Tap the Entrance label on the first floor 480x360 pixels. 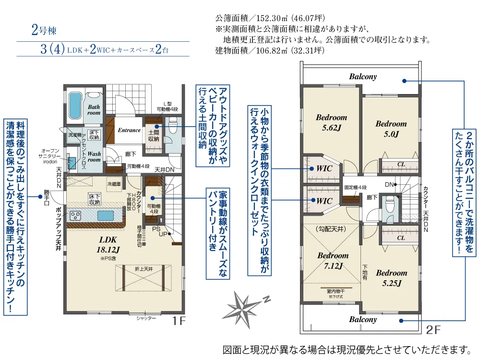pyautogui.click(x=129, y=130)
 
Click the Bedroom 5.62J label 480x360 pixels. pyautogui.click(x=331, y=122)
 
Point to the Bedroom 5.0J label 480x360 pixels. pyautogui.click(x=391, y=129)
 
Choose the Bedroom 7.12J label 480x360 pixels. pyautogui.click(x=333, y=260)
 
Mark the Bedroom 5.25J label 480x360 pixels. pyautogui.click(x=391, y=277)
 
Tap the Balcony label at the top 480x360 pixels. pyautogui.click(x=363, y=77)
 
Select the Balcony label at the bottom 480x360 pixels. pyautogui.click(x=363, y=320)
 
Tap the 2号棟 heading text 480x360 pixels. pyautogui.click(x=44, y=31)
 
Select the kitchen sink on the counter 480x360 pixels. pyautogui.click(x=106, y=216)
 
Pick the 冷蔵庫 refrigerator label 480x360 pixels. pyautogui.click(x=114, y=184)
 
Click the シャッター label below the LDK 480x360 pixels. pyautogui.click(x=146, y=318)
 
